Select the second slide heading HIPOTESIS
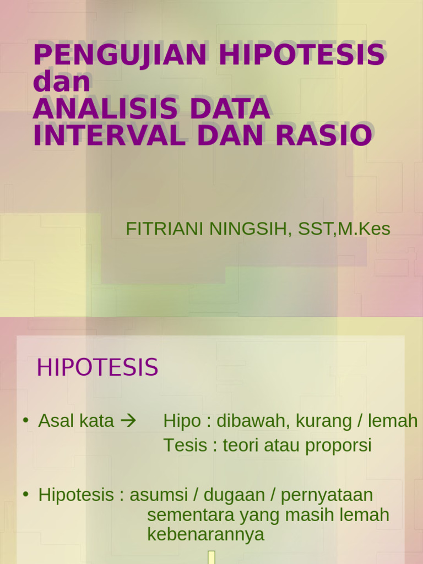[x=97, y=368]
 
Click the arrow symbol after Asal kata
[x=128, y=421]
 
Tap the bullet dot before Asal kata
[x=25, y=421]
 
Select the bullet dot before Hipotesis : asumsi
[x=25, y=494]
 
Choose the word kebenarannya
[x=206, y=534]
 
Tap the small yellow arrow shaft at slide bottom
[x=211, y=557]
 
